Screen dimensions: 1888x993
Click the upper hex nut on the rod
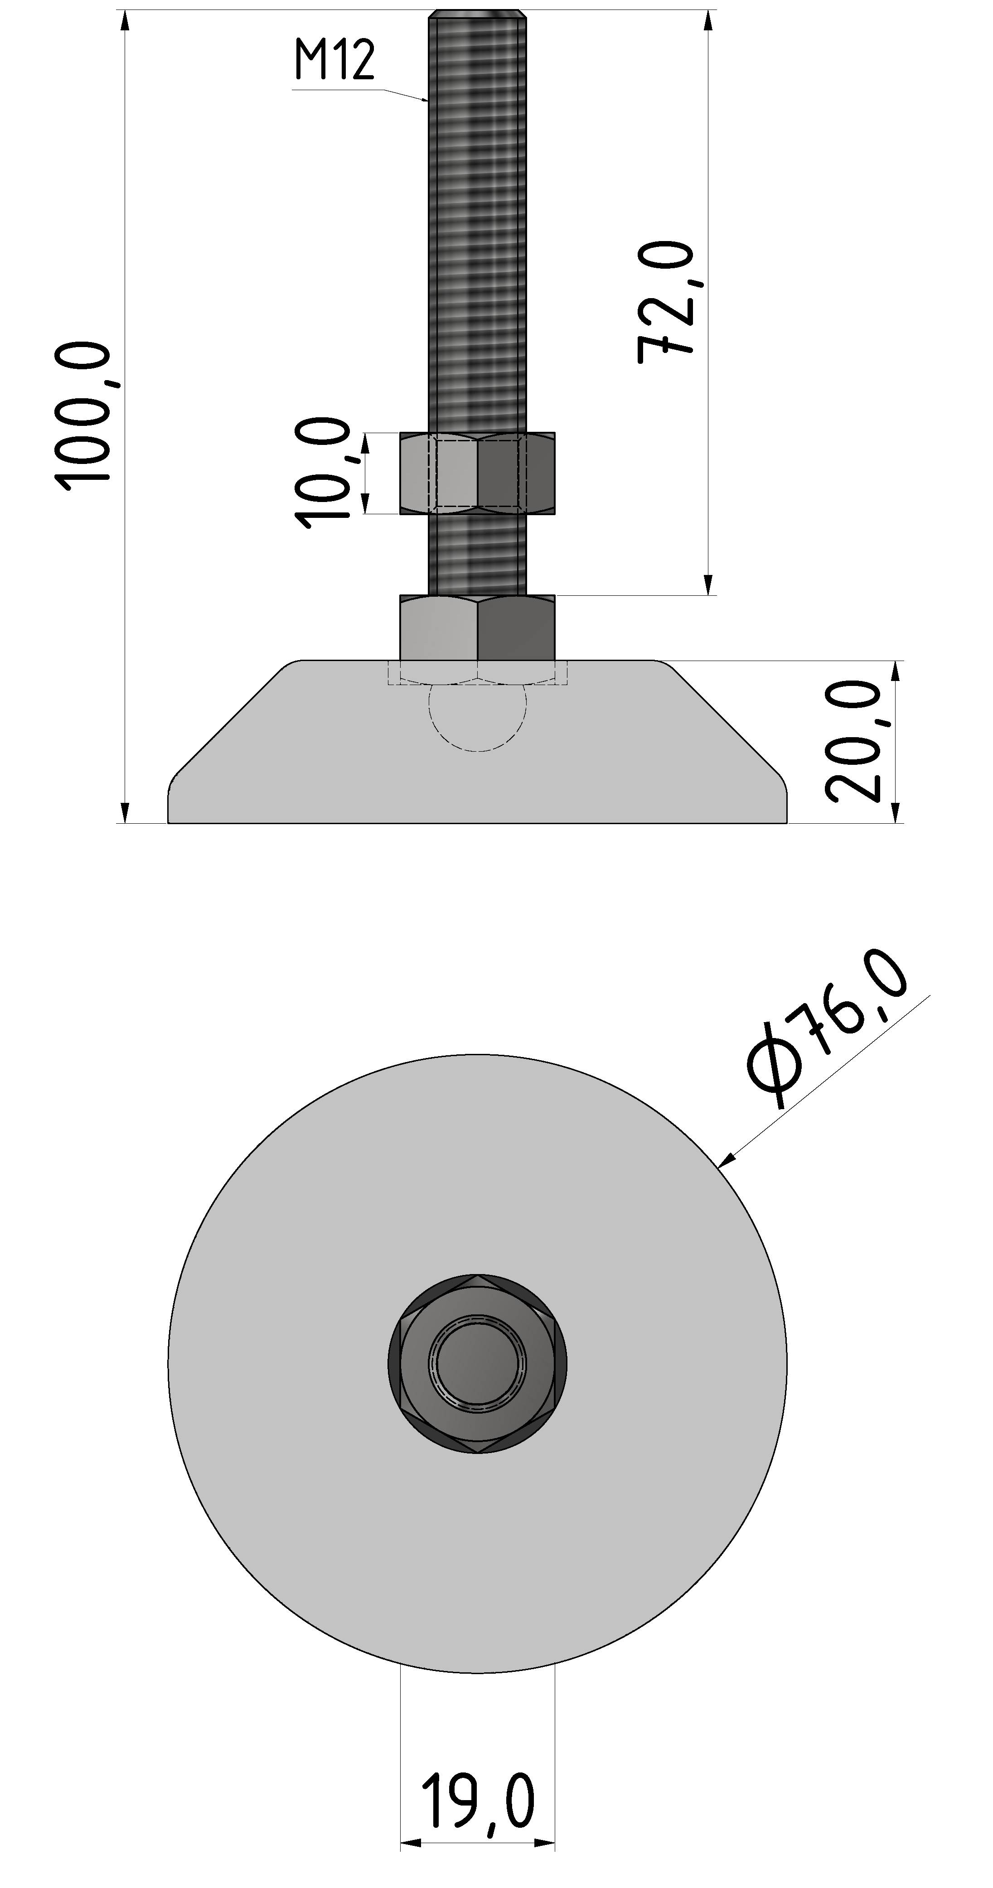[477, 473]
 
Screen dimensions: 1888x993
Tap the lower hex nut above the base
[477, 628]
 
